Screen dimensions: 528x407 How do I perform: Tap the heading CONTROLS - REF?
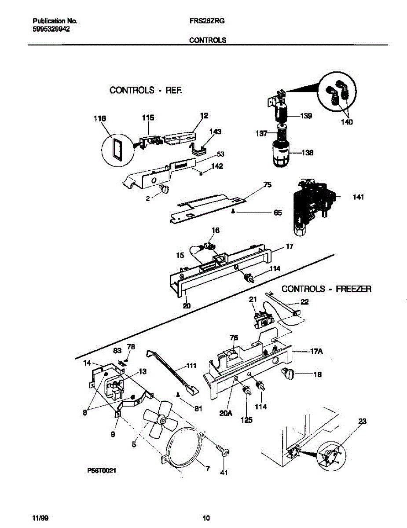click(145, 90)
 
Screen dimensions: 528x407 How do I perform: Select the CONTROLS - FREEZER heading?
click(326, 289)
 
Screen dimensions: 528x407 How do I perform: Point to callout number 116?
click(100, 119)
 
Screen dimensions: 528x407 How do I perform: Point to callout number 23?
click(362, 421)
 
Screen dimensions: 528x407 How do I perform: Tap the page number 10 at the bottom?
click(206, 517)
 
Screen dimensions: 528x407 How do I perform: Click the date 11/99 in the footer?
click(40, 517)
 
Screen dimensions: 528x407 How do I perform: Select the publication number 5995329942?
click(51, 29)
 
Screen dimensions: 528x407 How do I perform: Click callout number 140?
click(346, 122)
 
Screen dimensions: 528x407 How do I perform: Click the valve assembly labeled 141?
click(312, 205)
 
